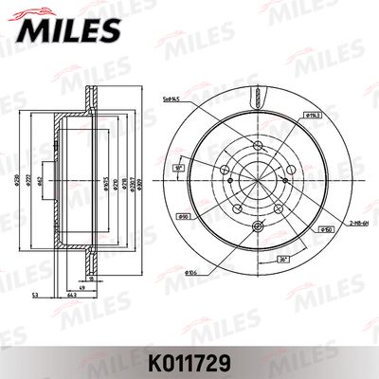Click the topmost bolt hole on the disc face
pyautogui.click(x=259, y=142)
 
